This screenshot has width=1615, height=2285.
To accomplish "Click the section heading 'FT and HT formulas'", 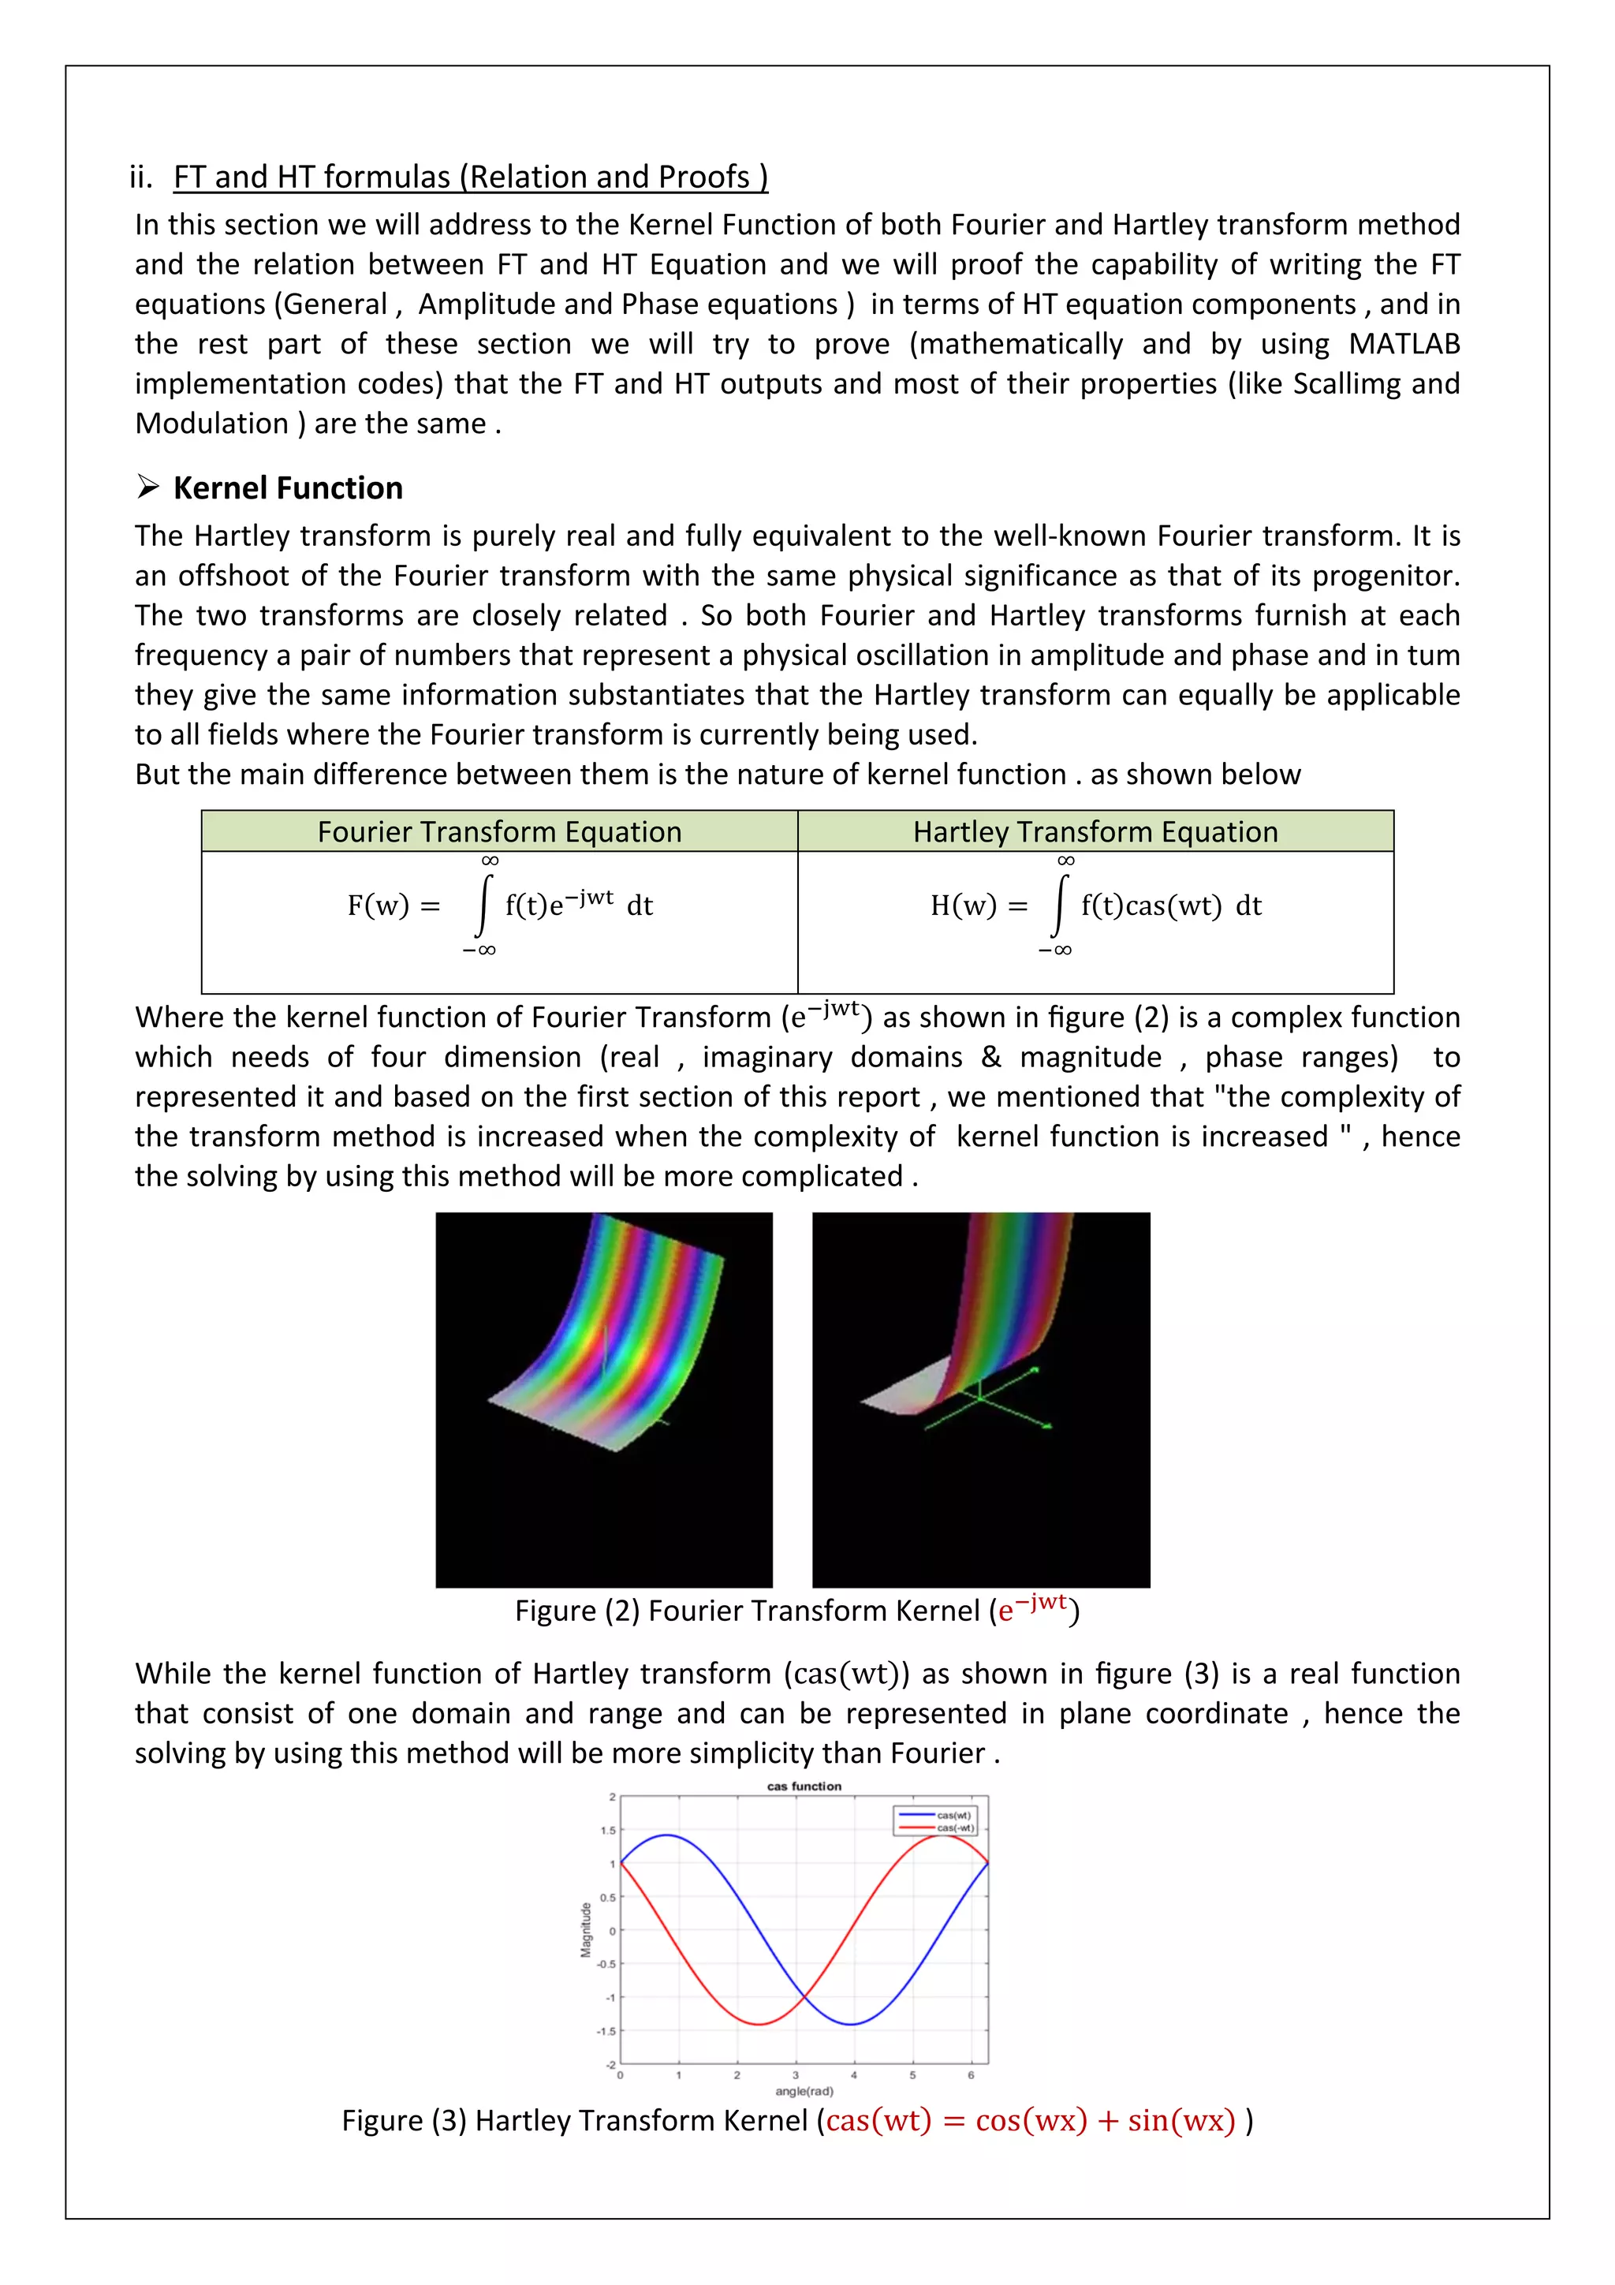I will coord(470,177).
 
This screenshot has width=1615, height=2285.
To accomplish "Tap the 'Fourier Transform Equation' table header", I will coord(499,832).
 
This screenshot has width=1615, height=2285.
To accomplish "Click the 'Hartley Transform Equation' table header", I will coord(1095,832).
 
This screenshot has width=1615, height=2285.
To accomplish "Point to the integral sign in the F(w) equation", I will coord(483,905).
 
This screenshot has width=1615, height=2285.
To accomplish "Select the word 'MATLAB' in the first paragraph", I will coord(1403,345).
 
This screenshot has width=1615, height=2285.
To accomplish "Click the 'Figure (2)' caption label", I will coord(577,1611).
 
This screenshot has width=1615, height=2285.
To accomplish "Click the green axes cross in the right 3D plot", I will coord(980,1398).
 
